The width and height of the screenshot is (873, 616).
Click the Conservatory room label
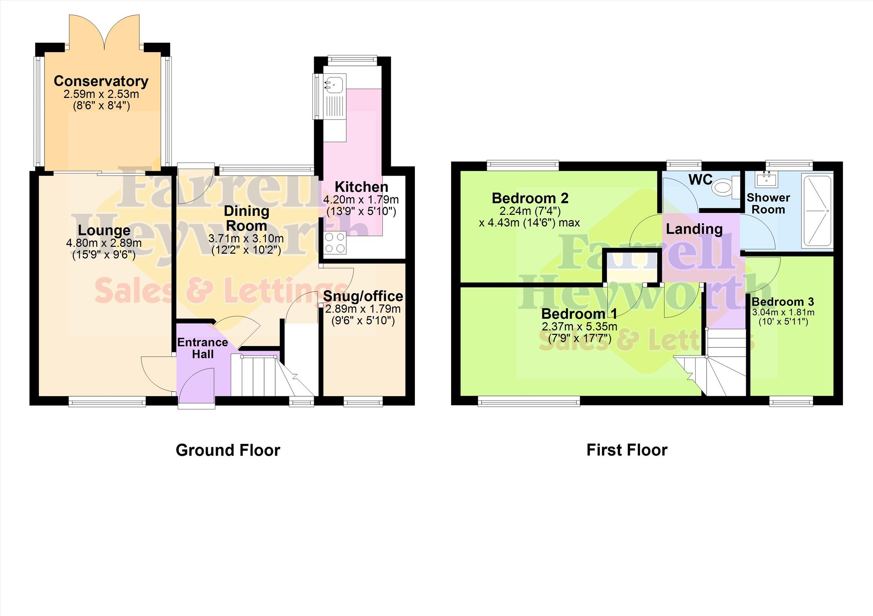coord(101,81)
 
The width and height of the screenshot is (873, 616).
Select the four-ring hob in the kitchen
coord(335,243)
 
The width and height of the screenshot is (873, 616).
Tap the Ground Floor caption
coord(228,450)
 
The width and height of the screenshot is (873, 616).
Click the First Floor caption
coord(627,450)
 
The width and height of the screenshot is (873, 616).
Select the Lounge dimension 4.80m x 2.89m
coord(104,243)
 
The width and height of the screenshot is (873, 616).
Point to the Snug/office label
coord(363,296)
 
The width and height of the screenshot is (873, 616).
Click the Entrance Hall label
coord(202,348)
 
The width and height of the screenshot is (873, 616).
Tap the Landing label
coord(694,229)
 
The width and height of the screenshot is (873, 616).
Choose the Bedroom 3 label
coord(782,301)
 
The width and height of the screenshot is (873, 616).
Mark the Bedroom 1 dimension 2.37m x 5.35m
coord(579,327)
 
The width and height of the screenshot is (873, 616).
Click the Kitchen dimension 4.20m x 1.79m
coord(361,200)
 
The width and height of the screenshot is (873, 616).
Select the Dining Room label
coord(246,218)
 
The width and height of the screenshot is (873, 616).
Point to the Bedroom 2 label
coord(530,198)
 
